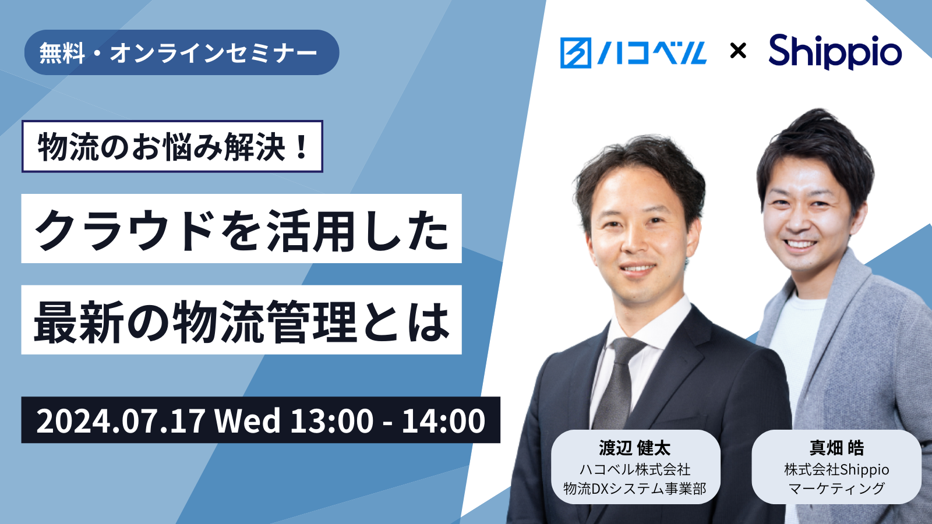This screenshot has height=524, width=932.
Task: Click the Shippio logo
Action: tap(835, 52)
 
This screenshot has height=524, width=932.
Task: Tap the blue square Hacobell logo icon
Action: tap(576, 53)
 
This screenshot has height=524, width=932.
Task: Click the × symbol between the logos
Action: tap(738, 51)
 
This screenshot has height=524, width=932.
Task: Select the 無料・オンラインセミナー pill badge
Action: tap(182, 52)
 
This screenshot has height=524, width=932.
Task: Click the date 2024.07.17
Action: tap(121, 420)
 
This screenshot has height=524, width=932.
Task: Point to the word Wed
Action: tap(248, 420)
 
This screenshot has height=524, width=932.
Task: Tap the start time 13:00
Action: tap(332, 420)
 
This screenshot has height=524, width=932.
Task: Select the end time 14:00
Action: tap(443, 420)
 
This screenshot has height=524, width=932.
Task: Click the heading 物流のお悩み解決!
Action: tap(172, 146)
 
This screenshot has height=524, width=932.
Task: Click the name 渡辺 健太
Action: tap(635, 448)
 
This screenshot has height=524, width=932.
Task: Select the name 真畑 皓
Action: tap(836, 448)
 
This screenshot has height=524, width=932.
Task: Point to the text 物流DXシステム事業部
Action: tap(635, 488)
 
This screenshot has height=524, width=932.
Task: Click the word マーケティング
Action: tap(836, 488)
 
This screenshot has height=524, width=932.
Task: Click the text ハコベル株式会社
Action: tap(635, 469)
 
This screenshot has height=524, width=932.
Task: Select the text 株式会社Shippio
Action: tap(836, 469)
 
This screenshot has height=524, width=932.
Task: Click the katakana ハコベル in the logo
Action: tap(652, 53)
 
